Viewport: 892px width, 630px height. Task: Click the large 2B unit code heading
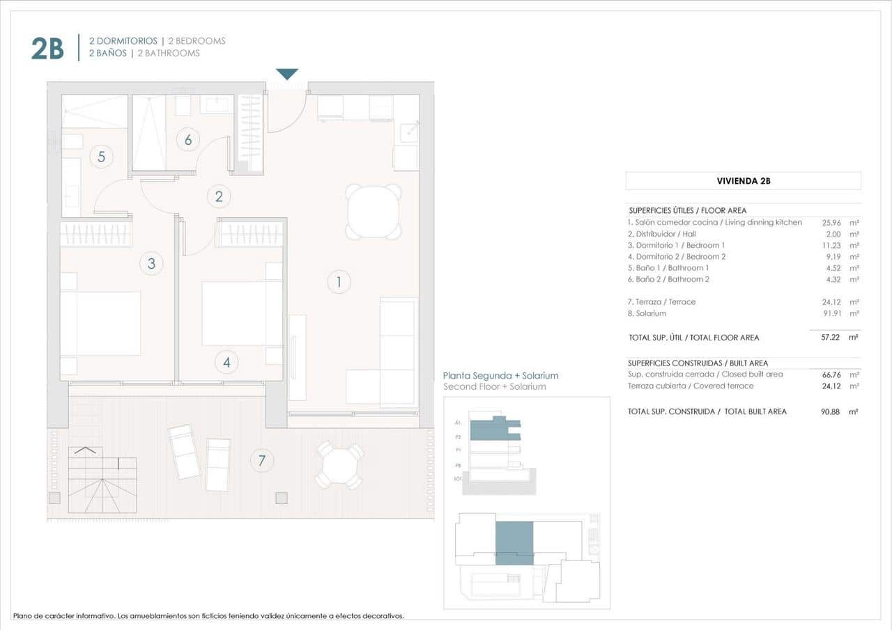point(47,48)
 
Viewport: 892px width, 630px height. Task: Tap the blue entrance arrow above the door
point(287,74)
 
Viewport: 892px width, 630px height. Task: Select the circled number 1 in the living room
point(339,282)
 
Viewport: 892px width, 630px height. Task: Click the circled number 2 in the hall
point(219,196)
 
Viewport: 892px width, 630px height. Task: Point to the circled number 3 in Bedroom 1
point(151,263)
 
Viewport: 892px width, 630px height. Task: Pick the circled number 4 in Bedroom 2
point(226,362)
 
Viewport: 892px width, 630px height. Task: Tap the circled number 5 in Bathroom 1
point(101,157)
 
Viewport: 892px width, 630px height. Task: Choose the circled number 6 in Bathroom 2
point(188,139)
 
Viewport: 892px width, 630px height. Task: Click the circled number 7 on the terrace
point(262,460)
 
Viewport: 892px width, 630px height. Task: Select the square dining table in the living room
point(374,212)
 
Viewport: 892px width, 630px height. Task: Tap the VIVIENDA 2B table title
point(743,181)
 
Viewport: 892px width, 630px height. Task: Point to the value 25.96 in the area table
point(833,223)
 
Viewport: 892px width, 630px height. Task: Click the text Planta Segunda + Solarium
point(501,375)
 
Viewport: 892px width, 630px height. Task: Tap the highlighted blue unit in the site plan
point(514,542)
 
